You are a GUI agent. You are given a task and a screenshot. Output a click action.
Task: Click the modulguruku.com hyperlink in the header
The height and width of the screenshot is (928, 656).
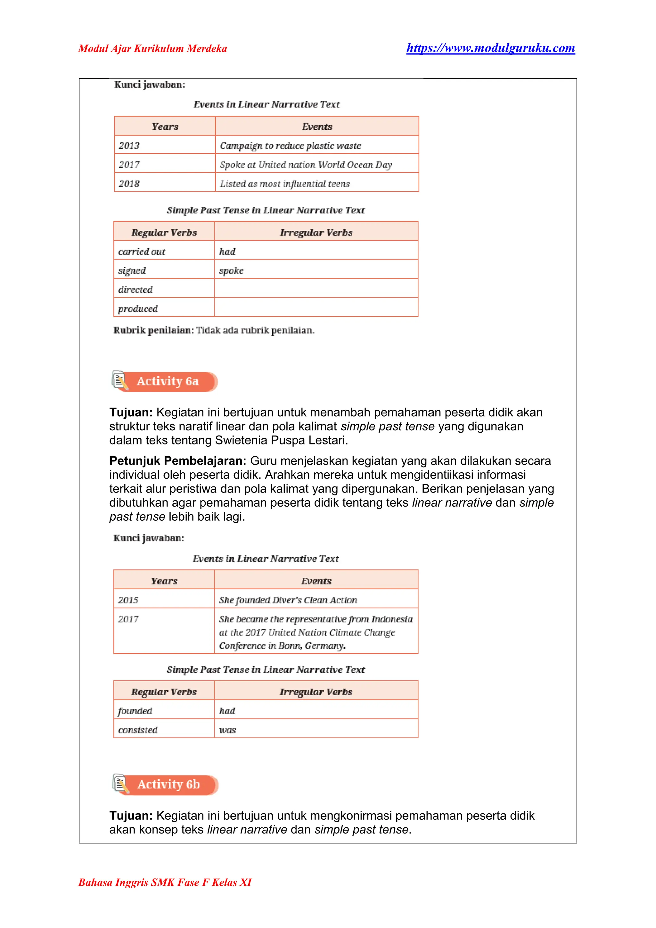(490, 48)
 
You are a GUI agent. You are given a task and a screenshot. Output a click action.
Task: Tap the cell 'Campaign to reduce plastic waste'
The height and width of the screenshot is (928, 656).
(290, 145)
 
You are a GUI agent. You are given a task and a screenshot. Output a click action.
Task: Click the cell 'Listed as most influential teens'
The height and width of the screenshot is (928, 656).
(284, 184)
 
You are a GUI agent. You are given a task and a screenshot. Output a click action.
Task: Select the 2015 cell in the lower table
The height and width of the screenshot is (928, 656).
(128, 600)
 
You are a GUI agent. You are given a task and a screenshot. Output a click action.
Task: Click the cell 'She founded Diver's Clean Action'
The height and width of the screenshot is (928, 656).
(288, 600)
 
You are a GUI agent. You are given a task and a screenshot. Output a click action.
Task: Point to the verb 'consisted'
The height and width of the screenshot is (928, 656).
(138, 730)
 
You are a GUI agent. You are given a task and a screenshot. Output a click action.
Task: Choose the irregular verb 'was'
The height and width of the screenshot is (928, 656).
(227, 730)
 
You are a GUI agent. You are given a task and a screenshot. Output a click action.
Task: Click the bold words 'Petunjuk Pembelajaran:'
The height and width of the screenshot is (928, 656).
(177, 461)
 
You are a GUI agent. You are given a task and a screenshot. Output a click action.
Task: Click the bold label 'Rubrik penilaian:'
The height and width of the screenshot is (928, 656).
(153, 330)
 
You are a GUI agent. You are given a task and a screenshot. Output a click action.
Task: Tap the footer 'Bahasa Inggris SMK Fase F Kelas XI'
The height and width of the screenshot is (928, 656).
(165, 882)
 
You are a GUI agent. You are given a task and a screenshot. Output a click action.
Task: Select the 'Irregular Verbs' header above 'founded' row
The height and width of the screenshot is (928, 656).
(316, 692)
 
